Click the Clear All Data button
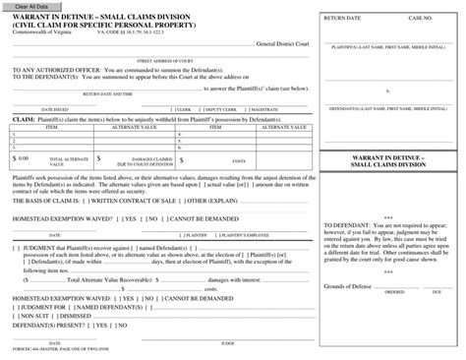[29, 6]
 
